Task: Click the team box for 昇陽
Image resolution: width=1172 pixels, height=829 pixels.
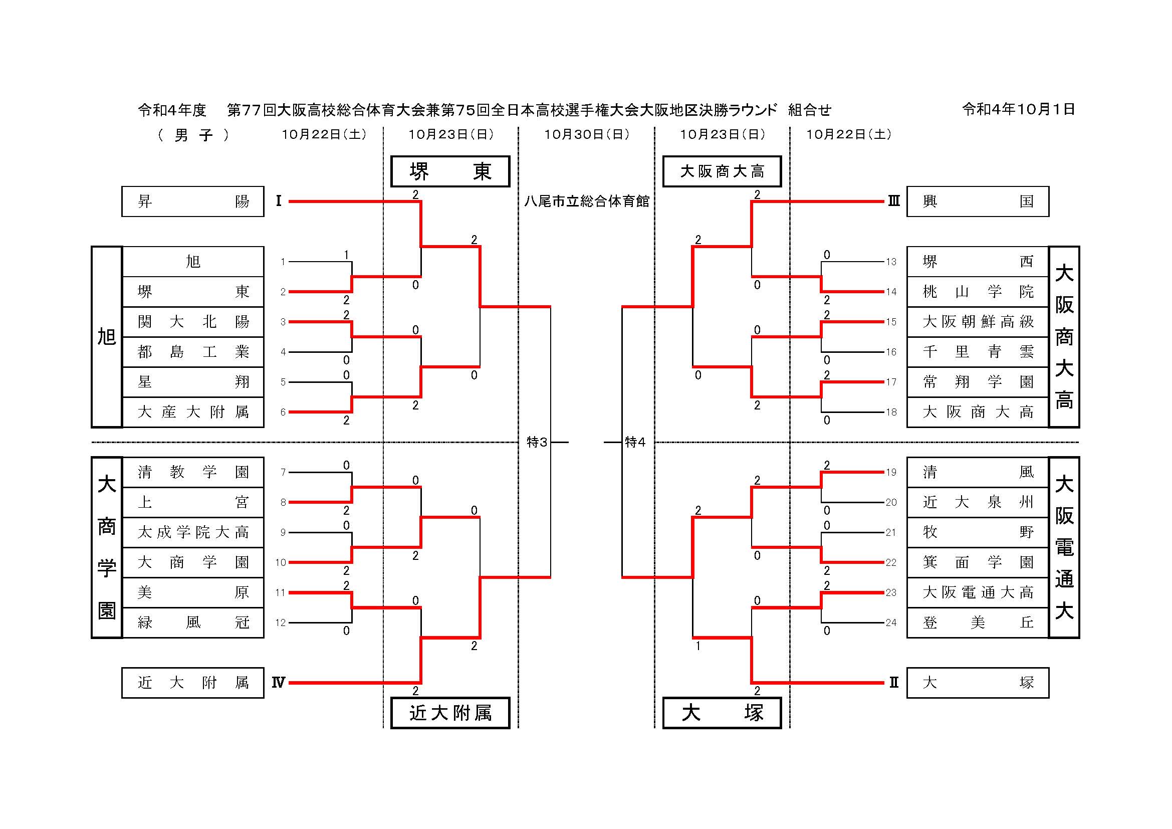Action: (x=192, y=201)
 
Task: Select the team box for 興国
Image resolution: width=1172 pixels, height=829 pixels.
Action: (x=978, y=201)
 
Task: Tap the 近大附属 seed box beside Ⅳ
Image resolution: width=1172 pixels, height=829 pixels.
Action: (x=192, y=683)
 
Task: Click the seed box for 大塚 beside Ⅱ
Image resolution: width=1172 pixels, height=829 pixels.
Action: (x=978, y=683)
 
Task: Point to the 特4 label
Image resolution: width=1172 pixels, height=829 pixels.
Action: (x=635, y=442)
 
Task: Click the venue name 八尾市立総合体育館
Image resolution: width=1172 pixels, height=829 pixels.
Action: (x=587, y=201)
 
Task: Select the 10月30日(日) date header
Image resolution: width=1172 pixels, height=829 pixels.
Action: (x=587, y=134)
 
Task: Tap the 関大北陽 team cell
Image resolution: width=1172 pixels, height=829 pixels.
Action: (x=192, y=322)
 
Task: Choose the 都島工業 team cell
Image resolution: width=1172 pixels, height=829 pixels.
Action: (x=192, y=352)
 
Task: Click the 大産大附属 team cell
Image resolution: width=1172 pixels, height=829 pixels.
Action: (x=192, y=412)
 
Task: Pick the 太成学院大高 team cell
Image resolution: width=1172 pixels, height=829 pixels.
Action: (x=192, y=532)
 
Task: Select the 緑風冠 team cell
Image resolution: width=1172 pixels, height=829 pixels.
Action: (x=192, y=623)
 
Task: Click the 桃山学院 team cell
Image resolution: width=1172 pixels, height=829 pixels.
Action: (x=978, y=292)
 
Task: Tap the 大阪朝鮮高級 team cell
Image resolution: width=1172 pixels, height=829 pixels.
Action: (x=978, y=322)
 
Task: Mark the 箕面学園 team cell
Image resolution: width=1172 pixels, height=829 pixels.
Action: (x=978, y=562)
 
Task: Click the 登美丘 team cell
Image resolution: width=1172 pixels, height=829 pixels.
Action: (x=978, y=623)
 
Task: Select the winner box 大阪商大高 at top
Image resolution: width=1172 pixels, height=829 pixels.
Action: (x=722, y=171)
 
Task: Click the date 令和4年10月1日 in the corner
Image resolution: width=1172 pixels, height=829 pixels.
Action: (x=1018, y=109)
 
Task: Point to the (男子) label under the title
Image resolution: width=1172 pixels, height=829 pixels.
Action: (x=193, y=135)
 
